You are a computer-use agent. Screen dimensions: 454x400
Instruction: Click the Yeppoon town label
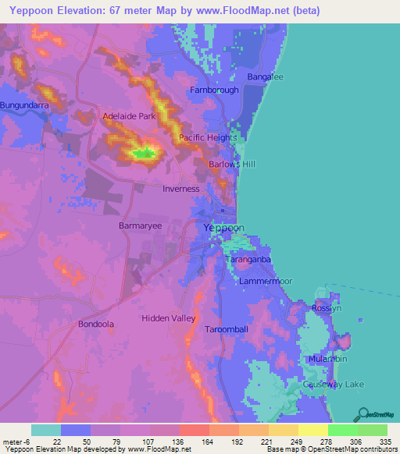click(x=224, y=228)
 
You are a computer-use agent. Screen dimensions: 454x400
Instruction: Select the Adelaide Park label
click(x=130, y=116)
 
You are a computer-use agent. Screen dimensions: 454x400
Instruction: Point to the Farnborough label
click(x=214, y=90)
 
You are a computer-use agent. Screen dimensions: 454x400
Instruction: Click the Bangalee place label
click(x=265, y=77)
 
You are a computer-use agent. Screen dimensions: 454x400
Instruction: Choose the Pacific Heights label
click(x=208, y=138)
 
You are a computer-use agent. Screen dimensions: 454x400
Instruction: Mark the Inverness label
click(x=181, y=189)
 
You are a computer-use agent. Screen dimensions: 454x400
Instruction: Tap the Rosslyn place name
click(x=327, y=308)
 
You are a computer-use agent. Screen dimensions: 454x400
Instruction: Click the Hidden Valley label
click(x=168, y=318)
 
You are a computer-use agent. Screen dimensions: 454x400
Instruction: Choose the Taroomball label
click(x=227, y=329)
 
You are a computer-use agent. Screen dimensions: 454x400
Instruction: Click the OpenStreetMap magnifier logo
click(x=362, y=414)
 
